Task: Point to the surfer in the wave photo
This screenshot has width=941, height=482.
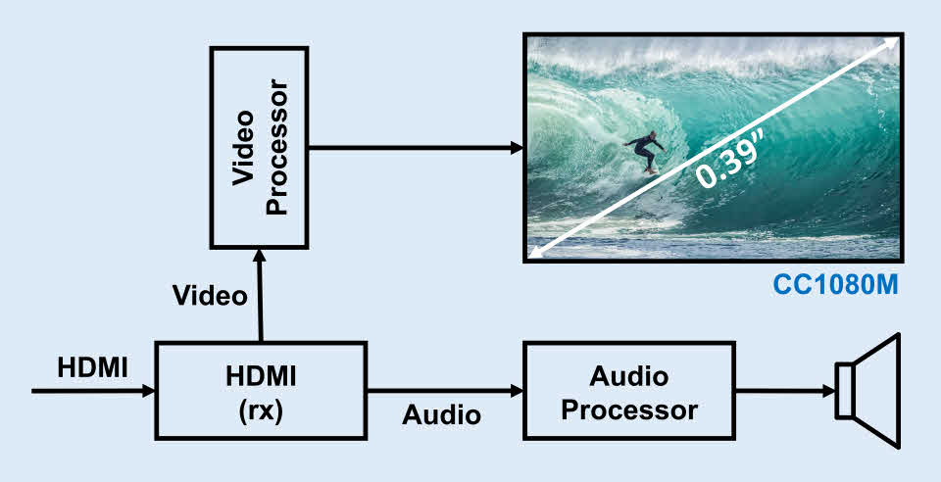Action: pos(646,152)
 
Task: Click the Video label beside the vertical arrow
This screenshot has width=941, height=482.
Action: pos(210,296)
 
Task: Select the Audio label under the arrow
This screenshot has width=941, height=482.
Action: pos(442,414)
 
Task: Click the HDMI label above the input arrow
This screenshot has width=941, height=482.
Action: pos(92,367)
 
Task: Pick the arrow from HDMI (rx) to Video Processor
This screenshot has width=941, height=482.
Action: pos(260,295)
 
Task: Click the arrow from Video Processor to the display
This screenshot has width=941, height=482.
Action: pos(416,148)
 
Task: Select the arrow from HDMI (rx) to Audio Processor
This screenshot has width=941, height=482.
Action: pos(445,391)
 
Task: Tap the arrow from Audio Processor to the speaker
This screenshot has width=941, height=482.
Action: pos(786,391)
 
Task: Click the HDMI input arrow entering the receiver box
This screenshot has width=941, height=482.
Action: pos(94,391)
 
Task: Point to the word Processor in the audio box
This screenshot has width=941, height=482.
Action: pos(629,411)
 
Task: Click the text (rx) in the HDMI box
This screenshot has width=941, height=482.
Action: pos(261,411)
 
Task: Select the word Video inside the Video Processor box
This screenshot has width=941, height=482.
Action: pos(244,148)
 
